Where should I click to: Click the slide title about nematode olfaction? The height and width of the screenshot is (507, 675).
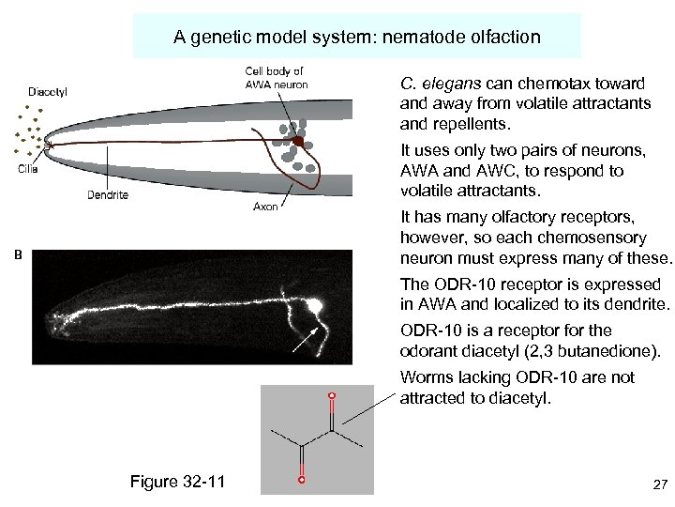[356, 38]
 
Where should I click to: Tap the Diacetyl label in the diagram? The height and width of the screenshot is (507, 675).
[48, 91]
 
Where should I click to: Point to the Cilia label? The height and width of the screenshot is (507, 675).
[28, 169]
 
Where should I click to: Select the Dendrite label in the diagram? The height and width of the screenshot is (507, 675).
[108, 195]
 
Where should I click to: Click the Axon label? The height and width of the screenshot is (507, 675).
[265, 207]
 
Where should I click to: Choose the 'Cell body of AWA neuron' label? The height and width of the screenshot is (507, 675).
[276, 78]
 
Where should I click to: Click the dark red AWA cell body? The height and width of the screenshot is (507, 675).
[298, 142]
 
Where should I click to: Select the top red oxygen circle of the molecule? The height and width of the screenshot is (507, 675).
[331, 396]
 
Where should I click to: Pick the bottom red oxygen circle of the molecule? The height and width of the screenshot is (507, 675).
[301, 480]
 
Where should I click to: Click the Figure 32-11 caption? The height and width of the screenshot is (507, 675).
[178, 482]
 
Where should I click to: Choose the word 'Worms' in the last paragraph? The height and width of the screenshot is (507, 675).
[424, 377]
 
